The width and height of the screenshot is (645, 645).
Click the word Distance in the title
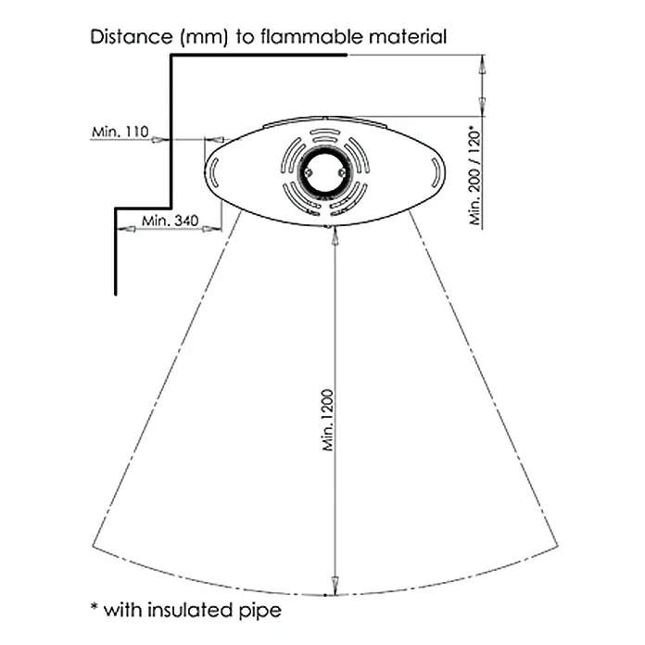click(x=132, y=37)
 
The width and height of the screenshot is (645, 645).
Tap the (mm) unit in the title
click(x=204, y=37)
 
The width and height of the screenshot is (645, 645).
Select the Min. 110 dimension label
click(x=120, y=132)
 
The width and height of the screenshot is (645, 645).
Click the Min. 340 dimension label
click(x=170, y=221)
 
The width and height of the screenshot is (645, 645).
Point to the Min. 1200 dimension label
click(x=328, y=420)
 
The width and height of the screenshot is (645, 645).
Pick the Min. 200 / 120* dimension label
click(x=475, y=177)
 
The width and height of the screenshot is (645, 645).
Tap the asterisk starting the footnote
click(x=95, y=607)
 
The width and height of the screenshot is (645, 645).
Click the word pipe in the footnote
click(x=260, y=611)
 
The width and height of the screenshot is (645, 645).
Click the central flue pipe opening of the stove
click(x=324, y=172)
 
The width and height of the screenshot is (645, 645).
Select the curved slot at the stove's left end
click(x=214, y=172)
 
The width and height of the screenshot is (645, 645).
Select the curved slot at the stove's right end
click(x=436, y=172)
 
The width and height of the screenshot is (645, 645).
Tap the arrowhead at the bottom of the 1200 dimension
click(x=335, y=586)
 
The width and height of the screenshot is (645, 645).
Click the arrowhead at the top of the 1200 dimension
click(x=335, y=235)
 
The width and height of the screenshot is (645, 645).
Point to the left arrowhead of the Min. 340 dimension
click(x=127, y=229)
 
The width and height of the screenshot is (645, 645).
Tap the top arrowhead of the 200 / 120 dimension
click(x=482, y=65)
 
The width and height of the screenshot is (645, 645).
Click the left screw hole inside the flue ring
click(x=308, y=172)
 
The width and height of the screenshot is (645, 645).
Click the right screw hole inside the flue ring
click(x=341, y=172)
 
